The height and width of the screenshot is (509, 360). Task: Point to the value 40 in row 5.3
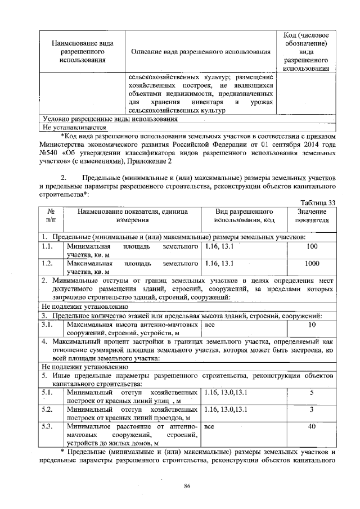[x=312, y=426]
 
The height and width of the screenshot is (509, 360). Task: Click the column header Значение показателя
[x=312, y=216]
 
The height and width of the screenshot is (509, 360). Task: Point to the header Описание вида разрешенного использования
[x=200, y=52]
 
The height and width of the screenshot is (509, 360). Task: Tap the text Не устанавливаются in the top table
[x=67, y=128]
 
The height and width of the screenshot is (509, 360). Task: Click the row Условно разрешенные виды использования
[x=110, y=119]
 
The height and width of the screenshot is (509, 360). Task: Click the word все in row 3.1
[x=210, y=325]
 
